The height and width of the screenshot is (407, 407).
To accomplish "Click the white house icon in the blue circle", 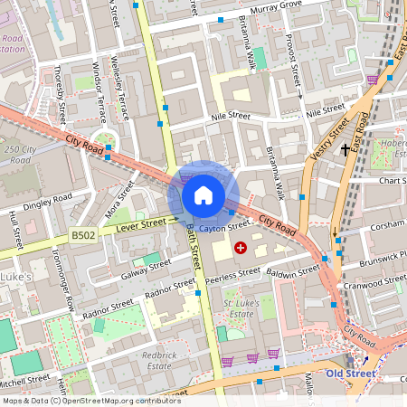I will point(203,195).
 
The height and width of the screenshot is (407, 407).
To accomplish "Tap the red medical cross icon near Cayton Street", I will point(240,247).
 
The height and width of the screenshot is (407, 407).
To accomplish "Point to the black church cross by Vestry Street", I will point(345,148).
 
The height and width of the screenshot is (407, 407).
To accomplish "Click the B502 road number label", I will point(83,235).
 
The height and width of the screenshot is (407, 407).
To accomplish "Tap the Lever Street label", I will point(140,222).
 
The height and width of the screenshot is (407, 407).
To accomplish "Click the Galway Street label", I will point(147,268).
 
